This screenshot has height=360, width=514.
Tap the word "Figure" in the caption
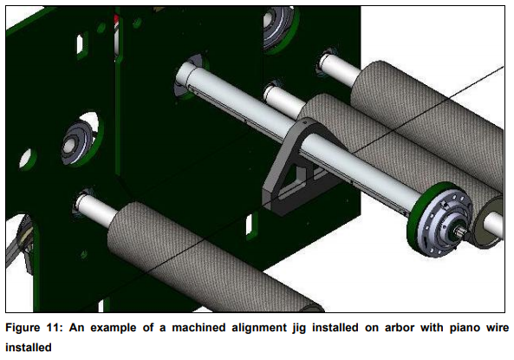point(23,328)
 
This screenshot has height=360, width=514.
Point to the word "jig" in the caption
point(299,328)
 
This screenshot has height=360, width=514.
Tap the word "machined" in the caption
point(198,328)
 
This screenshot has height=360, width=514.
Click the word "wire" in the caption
point(498,328)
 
